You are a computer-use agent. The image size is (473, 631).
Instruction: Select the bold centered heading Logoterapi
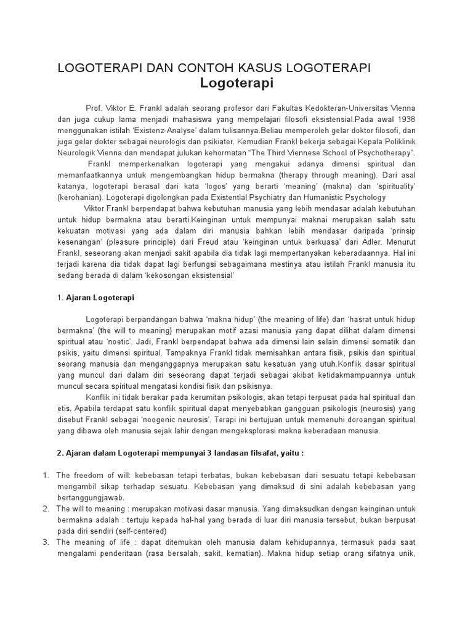coord(237,83)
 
